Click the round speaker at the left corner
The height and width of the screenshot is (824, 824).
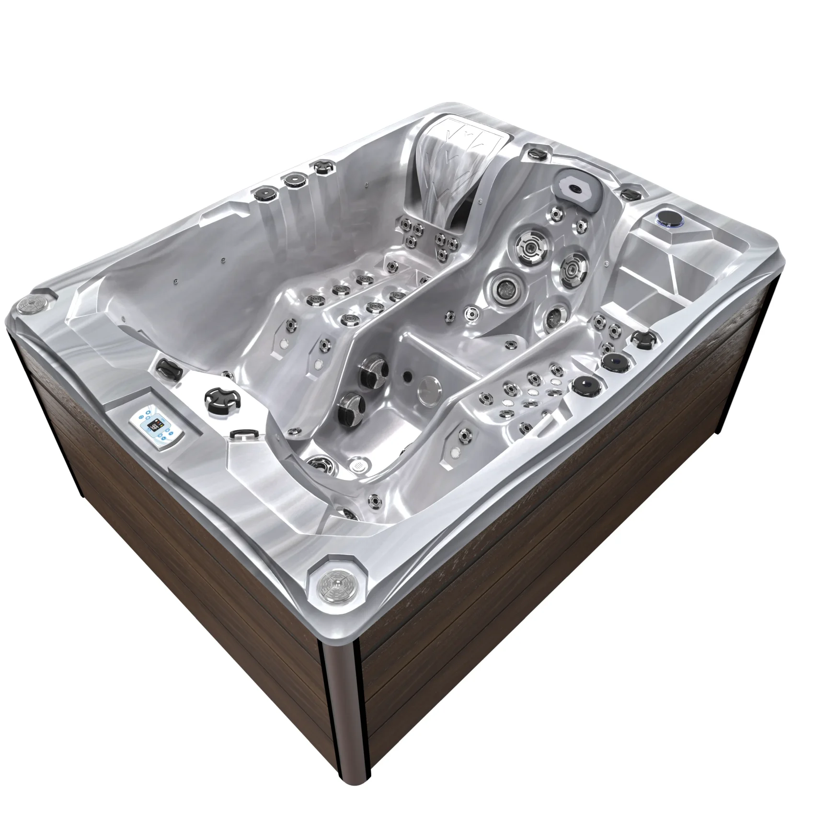coord(31,303)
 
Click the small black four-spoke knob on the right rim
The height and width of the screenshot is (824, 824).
coord(641,339)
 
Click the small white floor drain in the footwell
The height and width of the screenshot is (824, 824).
coord(359,463)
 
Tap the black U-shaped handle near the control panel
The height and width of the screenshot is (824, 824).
coord(241,434)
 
